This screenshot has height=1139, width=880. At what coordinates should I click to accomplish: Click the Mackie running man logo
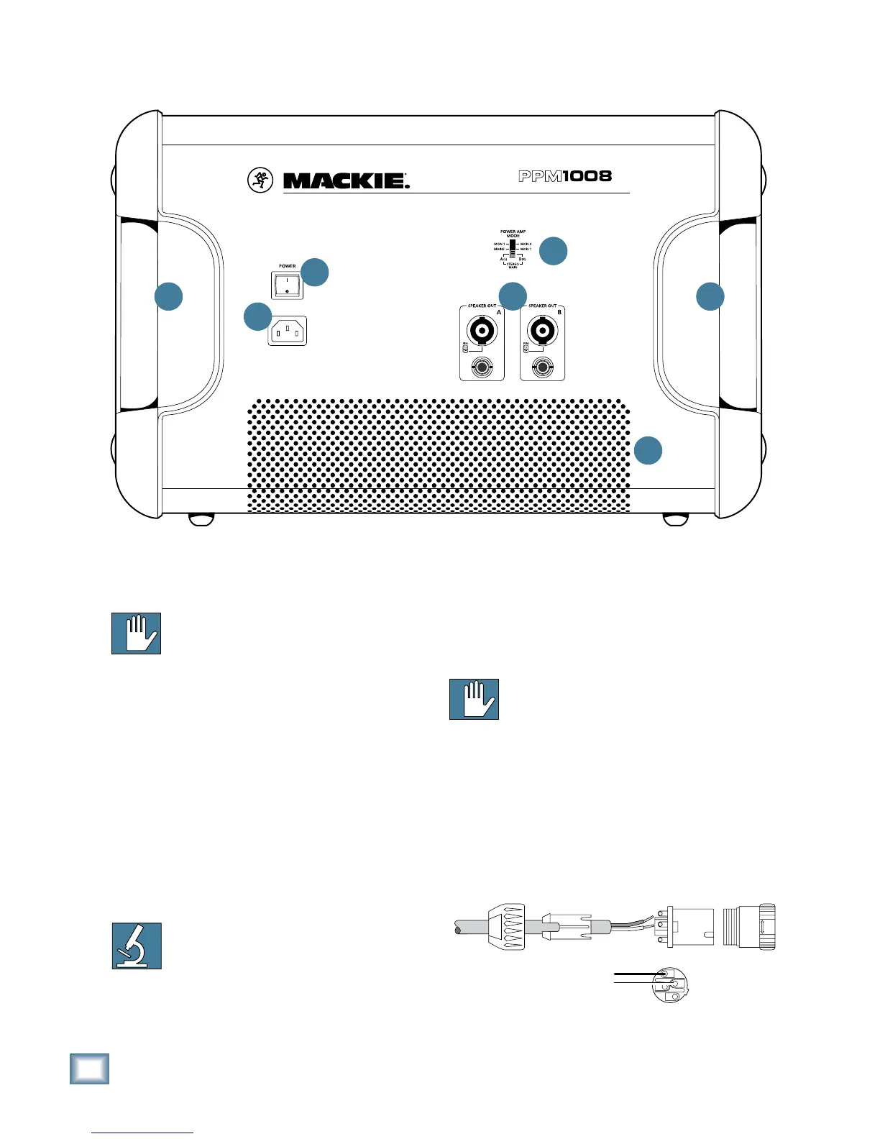(x=260, y=180)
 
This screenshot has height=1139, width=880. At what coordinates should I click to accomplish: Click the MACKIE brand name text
(x=346, y=180)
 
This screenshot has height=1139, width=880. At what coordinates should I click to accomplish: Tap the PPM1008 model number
(x=565, y=176)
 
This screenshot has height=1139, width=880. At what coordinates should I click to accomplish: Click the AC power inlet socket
(x=288, y=331)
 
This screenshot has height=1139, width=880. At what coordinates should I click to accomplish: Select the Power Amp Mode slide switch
(x=513, y=250)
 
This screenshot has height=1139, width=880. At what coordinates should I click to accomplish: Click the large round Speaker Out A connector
(x=481, y=331)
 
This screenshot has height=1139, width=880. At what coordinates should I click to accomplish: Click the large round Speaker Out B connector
(x=541, y=331)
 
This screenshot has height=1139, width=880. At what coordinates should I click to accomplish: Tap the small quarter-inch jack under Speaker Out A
(x=481, y=369)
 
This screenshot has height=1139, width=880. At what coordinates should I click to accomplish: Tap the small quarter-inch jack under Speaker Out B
(x=541, y=369)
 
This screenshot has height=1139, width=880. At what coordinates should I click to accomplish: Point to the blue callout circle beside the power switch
(x=315, y=273)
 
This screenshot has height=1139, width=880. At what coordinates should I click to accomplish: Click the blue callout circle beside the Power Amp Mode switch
(x=554, y=250)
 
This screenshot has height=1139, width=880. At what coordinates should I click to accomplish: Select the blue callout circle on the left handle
(x=169, y=296)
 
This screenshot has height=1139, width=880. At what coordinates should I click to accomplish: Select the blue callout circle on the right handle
(x=710, y=296)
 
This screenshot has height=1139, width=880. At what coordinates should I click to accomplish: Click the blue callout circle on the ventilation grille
(x=648, y=450)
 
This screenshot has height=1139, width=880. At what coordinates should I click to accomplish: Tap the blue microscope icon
(x=137, y=946)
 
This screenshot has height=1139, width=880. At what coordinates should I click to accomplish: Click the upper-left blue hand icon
(x=136, y=633)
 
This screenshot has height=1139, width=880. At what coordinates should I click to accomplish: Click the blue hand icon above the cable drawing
(x=474, y=699)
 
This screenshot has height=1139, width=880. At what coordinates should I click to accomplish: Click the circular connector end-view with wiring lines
(x=669, y=984)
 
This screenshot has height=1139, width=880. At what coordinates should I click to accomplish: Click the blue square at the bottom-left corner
(x=90, y=1069)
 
